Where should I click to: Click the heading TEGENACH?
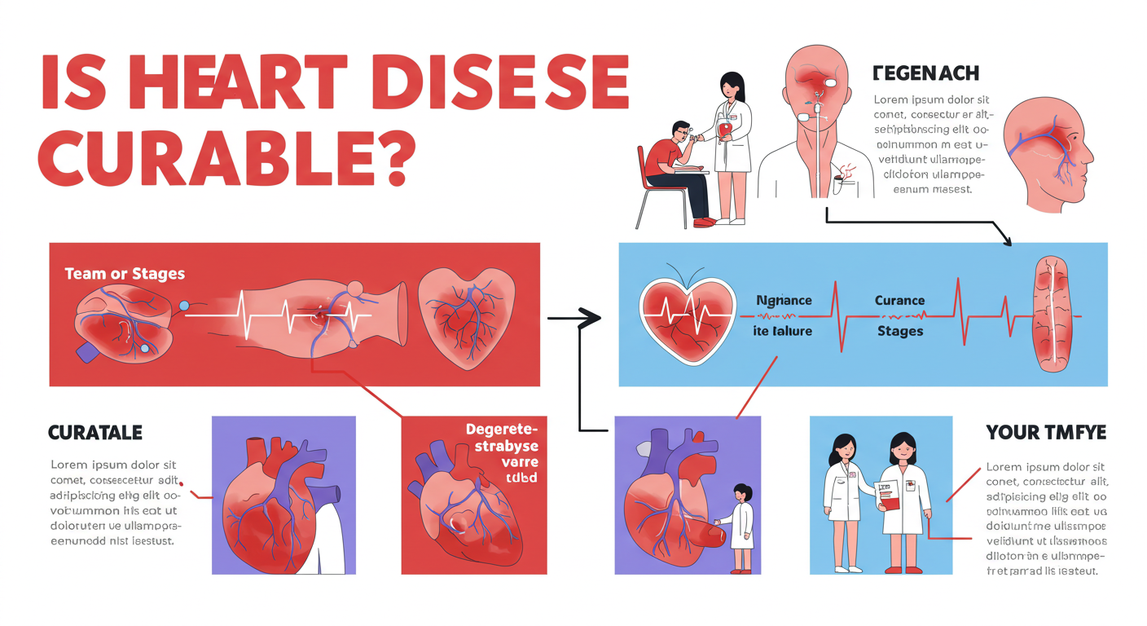click(x=925, y=73)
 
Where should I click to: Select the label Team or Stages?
click(x=125, y=274)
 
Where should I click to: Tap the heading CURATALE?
click(x=95, y=432)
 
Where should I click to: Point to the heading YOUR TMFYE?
click(x=1046, y=432)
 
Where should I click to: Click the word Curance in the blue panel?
click(x=899, y=300)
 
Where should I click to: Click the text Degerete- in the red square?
click(x=497, y=429)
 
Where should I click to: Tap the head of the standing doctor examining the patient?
click(x=731, y=85)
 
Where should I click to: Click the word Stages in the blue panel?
click(x=899, y=331)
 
